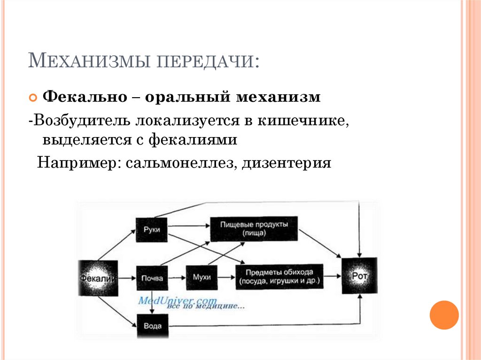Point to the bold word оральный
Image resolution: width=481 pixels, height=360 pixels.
188,98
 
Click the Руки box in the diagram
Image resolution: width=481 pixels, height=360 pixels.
151,230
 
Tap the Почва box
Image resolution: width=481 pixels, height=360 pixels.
151,277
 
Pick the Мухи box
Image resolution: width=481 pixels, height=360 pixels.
202,277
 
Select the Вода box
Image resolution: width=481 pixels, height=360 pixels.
151,325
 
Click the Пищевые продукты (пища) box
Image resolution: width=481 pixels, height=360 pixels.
254,229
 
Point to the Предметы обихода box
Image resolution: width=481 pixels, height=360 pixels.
279,277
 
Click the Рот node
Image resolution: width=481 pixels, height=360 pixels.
359,276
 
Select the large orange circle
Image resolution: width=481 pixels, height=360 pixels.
444,315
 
